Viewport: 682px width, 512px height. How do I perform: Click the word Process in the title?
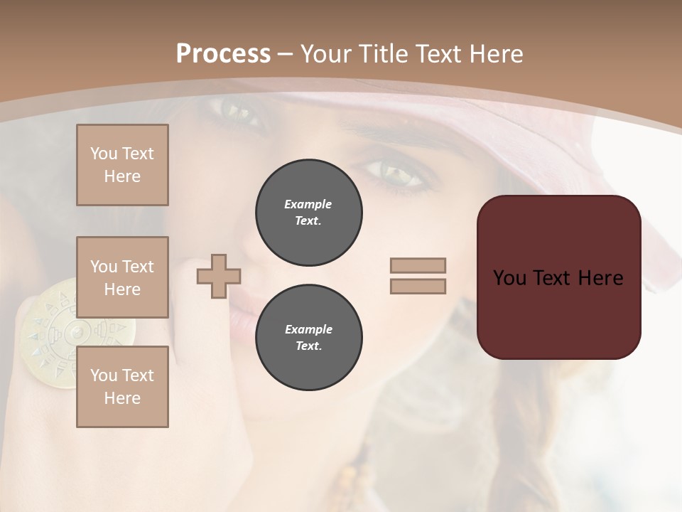pos(223,54)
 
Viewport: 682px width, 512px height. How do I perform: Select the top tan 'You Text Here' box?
pos(122,165)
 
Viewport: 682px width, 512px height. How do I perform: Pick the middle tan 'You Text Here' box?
pos(122,277)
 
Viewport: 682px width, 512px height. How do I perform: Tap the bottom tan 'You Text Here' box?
pos(122,387)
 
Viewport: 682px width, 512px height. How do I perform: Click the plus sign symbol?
pos(219,276)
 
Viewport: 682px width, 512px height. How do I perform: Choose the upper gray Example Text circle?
pos(309,213)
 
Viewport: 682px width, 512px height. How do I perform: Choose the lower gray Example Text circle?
pos(309,338)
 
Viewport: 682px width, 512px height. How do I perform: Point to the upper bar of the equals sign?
pos(418,266)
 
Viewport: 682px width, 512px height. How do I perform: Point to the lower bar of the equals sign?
pos(418,286)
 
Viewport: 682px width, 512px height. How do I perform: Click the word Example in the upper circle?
pos(308,204)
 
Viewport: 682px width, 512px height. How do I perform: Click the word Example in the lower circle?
pos(308,329)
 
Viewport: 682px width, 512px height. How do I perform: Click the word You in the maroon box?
pos(510,278)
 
